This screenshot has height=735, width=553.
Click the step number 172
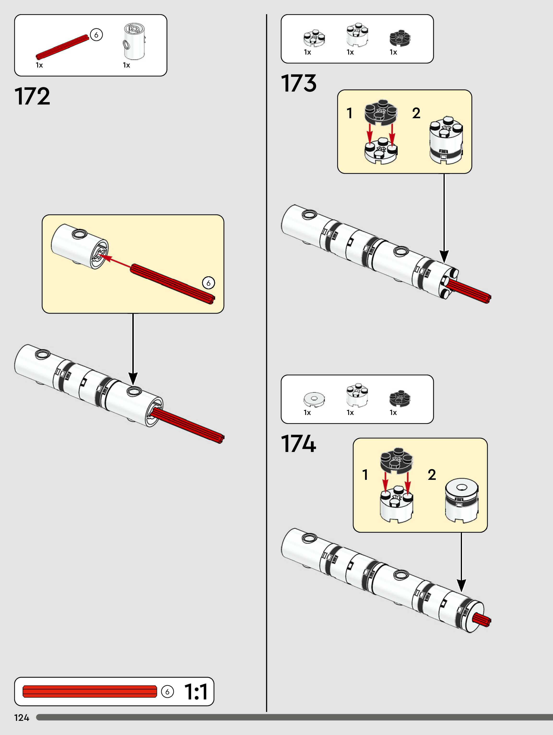point(32,97)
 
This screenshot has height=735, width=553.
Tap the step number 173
point(298,83)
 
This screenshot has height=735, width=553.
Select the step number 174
point(298,444)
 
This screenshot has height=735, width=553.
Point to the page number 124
point(22,718)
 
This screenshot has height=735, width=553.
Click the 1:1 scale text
point(196,692)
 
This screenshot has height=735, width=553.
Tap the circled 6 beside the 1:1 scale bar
point(167,692)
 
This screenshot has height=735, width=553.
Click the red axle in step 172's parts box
point(62,47)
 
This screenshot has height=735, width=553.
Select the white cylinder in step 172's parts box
point(134,42)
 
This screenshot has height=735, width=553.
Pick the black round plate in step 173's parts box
point(400,38)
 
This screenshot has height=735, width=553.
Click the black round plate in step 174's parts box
point(400,398)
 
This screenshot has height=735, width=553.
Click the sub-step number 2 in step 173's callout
point(416,113)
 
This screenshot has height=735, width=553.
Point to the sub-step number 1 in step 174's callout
point(365,475)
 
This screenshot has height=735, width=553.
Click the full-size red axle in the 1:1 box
point(90,692)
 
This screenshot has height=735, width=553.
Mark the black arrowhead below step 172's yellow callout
point(133,379)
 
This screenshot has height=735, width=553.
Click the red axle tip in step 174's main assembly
point(482,620)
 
